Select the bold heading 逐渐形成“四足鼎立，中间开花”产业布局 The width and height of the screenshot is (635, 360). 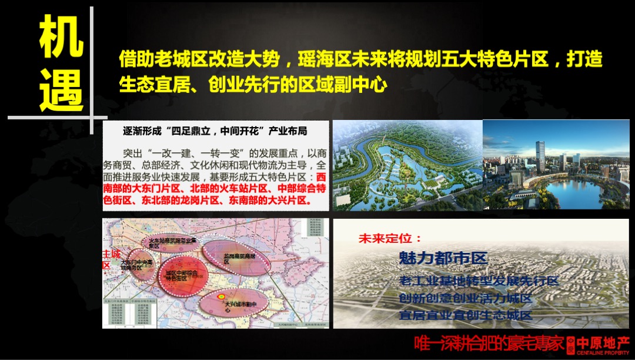tap(215, 130)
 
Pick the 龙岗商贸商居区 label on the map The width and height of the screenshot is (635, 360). tap(239, 257)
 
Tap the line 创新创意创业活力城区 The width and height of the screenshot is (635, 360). tap(465, 298)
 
